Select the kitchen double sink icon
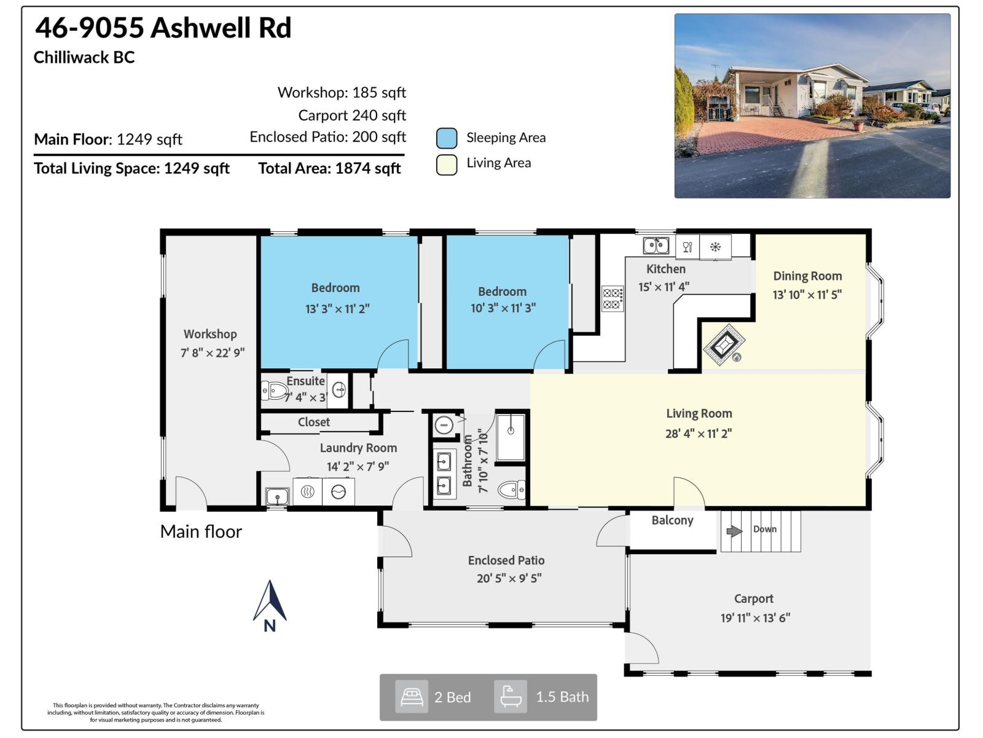[x=656, y=245]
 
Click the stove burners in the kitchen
[x=612, y=299]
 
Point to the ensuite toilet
[x=274, y=390]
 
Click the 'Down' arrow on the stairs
[x=734, y=531]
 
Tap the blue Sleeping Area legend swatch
[x=447, y=138]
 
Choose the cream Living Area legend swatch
[x=447, y=164]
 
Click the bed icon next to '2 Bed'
[x=412, y=697]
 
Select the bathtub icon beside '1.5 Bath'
[x=511, y=697]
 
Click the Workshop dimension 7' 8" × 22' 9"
[x=212, y=353]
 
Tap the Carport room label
[x=753, y=598]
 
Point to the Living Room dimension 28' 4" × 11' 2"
[x=699, y=434]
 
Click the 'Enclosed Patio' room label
[x=506, y=560]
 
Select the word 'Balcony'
[x=672, y=520]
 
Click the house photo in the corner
[x=812, y=106]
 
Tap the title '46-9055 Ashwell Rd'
[x=163, y=28]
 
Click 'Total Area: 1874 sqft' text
[x=329, y=169]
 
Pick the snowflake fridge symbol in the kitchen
[x=715, y=247]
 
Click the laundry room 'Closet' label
[x=313, y=422]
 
